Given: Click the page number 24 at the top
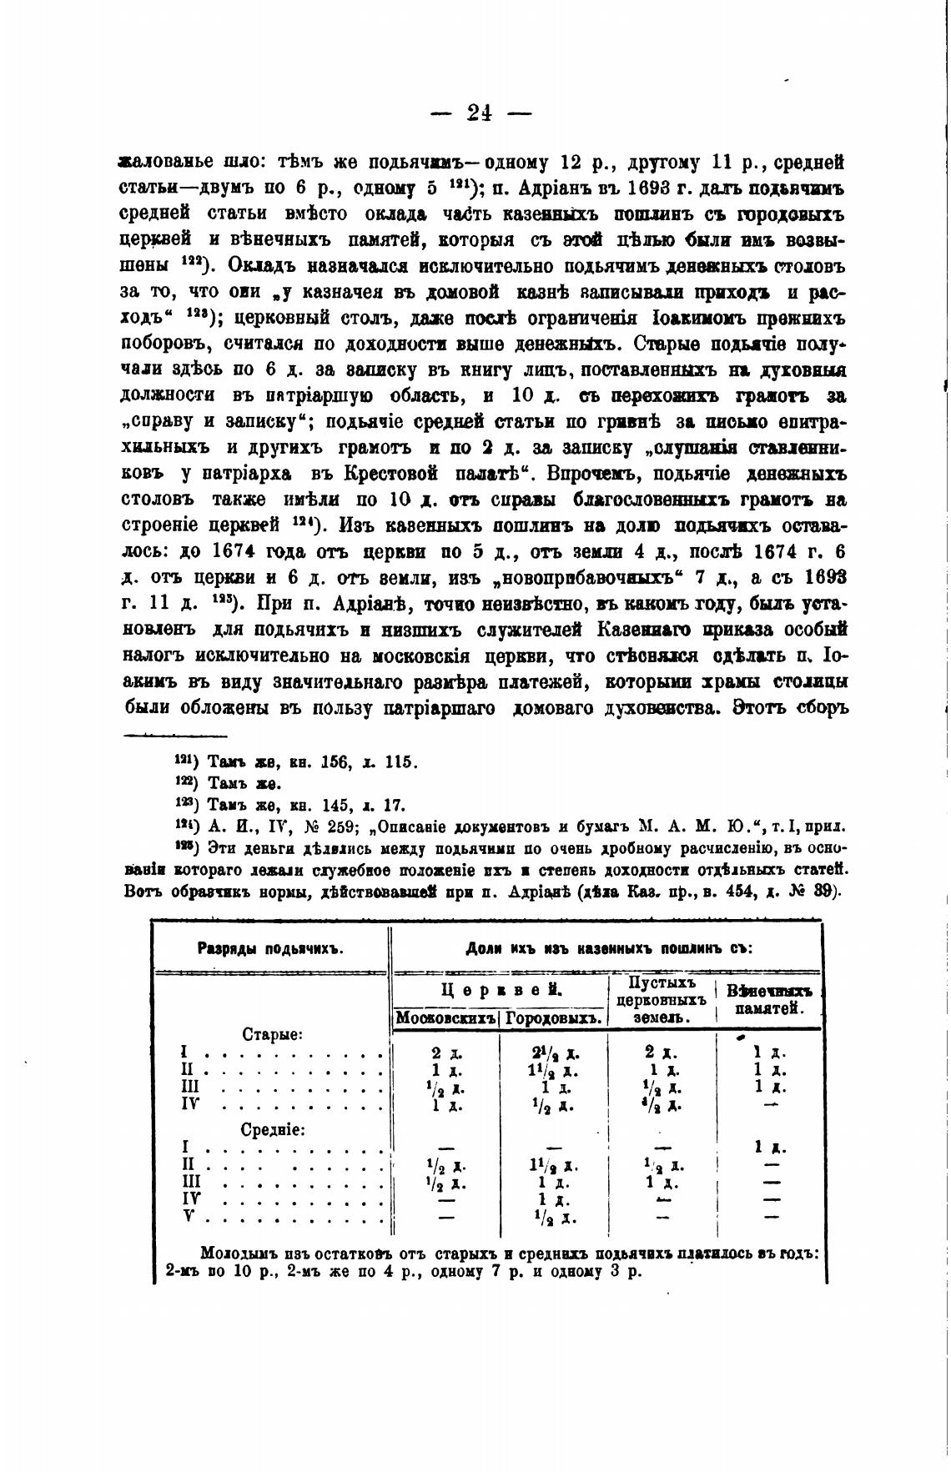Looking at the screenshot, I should point(480,113).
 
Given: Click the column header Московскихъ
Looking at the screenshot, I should point(445,1018).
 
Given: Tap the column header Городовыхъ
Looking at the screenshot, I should point(553,1018).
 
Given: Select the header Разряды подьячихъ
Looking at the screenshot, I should point(270,948).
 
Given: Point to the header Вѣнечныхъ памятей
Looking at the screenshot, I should point(769,999).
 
